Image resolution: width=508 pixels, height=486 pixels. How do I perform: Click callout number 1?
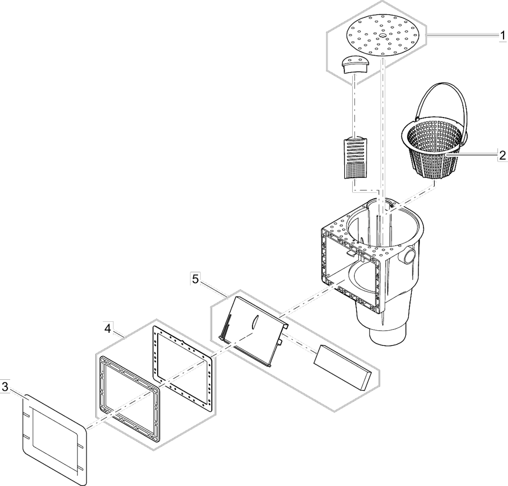tap(502, 36)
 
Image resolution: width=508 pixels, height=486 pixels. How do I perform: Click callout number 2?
tap(502, 155)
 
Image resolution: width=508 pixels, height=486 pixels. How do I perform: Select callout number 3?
tap(4, 386)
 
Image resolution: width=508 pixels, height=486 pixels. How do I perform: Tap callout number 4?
tap(108, 329)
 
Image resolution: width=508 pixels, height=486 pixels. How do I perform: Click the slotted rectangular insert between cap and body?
tap(356, 159)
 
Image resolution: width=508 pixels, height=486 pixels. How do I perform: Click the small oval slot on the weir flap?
tap(254, 322)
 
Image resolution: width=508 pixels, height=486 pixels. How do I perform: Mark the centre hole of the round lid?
tap(382, 35)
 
